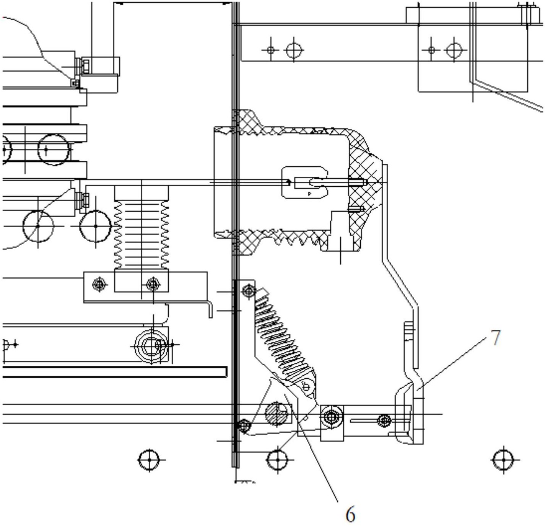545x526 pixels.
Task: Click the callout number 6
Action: pos(350,515)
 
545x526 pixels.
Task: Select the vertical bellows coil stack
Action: pos(142,235)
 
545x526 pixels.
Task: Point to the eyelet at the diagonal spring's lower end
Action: pos(306,388)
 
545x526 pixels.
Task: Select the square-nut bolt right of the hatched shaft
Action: pos(332,418)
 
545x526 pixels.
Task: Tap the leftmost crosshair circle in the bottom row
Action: pos(149,459)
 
